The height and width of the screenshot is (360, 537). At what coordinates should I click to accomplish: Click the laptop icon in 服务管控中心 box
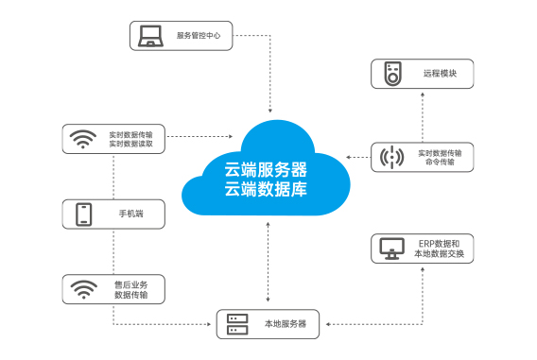150,36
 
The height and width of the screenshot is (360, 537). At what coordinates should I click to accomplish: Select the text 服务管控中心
199,36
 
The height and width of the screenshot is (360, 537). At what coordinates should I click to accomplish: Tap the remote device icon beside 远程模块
392,74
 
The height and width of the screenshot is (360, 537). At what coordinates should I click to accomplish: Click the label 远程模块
440,74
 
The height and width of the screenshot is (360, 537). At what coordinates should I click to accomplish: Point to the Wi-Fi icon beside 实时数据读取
83,139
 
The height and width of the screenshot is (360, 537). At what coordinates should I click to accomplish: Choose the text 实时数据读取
130,144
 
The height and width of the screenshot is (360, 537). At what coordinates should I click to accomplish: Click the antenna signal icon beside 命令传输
391,158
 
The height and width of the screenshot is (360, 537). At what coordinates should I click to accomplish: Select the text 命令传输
440,162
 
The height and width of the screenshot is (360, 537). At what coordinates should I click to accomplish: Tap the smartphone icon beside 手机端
83,214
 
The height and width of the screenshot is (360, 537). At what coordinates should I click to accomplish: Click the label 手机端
131,214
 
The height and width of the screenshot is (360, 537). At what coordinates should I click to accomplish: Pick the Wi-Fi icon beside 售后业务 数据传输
83,289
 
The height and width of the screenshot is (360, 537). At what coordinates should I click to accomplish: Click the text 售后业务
131,284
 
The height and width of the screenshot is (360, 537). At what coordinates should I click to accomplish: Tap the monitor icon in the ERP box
391,249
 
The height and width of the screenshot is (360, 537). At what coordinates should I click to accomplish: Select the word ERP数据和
439,244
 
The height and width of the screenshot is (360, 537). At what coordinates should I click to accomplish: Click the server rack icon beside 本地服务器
237,324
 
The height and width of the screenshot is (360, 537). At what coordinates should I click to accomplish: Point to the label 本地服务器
286,324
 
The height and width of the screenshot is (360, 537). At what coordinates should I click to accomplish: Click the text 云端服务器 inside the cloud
266,170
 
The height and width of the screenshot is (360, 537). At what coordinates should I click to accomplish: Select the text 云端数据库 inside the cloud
266,189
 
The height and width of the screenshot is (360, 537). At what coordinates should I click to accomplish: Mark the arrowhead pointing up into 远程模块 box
423,94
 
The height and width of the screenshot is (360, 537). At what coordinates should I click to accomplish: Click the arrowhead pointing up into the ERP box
423,269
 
